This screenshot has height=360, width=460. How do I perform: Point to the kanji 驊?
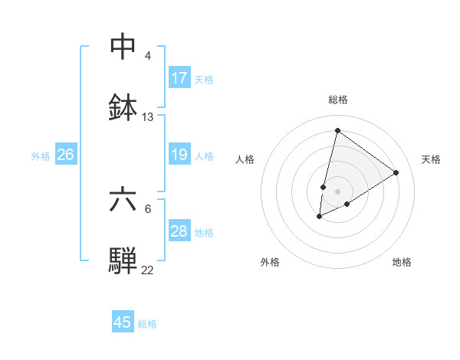point(123,260)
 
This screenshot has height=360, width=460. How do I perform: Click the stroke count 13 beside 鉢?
point(148,117)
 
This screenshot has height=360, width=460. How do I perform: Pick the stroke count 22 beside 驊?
point(148,270)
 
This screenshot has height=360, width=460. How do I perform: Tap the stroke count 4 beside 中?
point(148,56)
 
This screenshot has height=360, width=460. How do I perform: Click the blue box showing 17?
point(179,78)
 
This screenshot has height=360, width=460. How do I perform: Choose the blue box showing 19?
point(179,155)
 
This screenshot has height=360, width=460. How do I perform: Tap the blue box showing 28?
point(179,231)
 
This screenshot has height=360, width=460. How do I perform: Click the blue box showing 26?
point(66,155)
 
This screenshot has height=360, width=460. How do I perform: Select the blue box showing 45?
point(123,322)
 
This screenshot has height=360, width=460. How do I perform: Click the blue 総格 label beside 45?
point(147,324)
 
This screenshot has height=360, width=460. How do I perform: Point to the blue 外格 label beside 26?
point(41,156)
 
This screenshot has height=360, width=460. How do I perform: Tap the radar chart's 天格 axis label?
point(431,159)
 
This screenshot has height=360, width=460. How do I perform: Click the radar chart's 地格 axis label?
point(402,262)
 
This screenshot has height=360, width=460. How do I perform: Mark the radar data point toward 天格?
point(396,173)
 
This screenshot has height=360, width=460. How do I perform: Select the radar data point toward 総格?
point(337,130)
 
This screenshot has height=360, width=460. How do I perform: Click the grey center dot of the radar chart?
point(337,191)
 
